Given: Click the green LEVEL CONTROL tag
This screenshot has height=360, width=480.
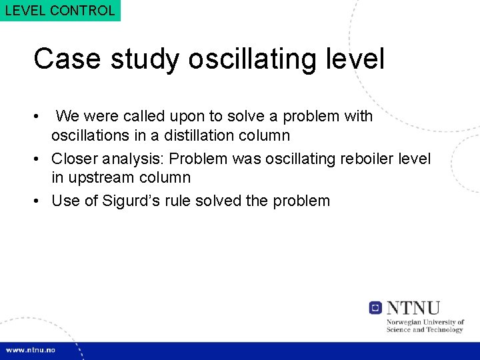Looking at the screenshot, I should pos(60,11).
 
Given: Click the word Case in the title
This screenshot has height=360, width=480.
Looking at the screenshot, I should pos(66,59).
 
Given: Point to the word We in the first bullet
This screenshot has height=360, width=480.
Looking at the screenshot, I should pos(67,117).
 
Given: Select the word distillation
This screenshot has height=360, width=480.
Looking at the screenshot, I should pos(217,135).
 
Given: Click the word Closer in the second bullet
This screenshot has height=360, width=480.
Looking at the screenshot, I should pos(75,159).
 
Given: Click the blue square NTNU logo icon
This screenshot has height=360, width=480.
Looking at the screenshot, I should pos(375,308).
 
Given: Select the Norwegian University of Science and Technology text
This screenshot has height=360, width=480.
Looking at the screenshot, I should pos(425,326).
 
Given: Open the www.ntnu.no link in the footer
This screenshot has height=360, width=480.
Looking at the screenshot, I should pos(31,350).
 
